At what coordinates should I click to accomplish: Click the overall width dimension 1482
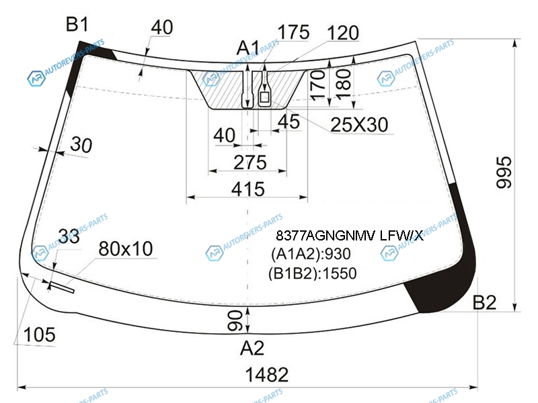pos(267,375)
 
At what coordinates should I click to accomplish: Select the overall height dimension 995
pos(504,173)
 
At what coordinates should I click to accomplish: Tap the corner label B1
pos(77,24)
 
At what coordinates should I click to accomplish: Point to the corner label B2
pos(484,302)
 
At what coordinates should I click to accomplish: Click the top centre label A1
pos(248,48)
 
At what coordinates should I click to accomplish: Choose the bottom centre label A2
pos(252,348)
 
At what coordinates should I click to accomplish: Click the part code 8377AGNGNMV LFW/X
pos(349,236)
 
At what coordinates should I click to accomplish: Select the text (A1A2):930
pos(311,254)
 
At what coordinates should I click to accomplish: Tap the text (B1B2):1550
pos(313,273)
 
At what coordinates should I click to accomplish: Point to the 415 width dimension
pos(248,189)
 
